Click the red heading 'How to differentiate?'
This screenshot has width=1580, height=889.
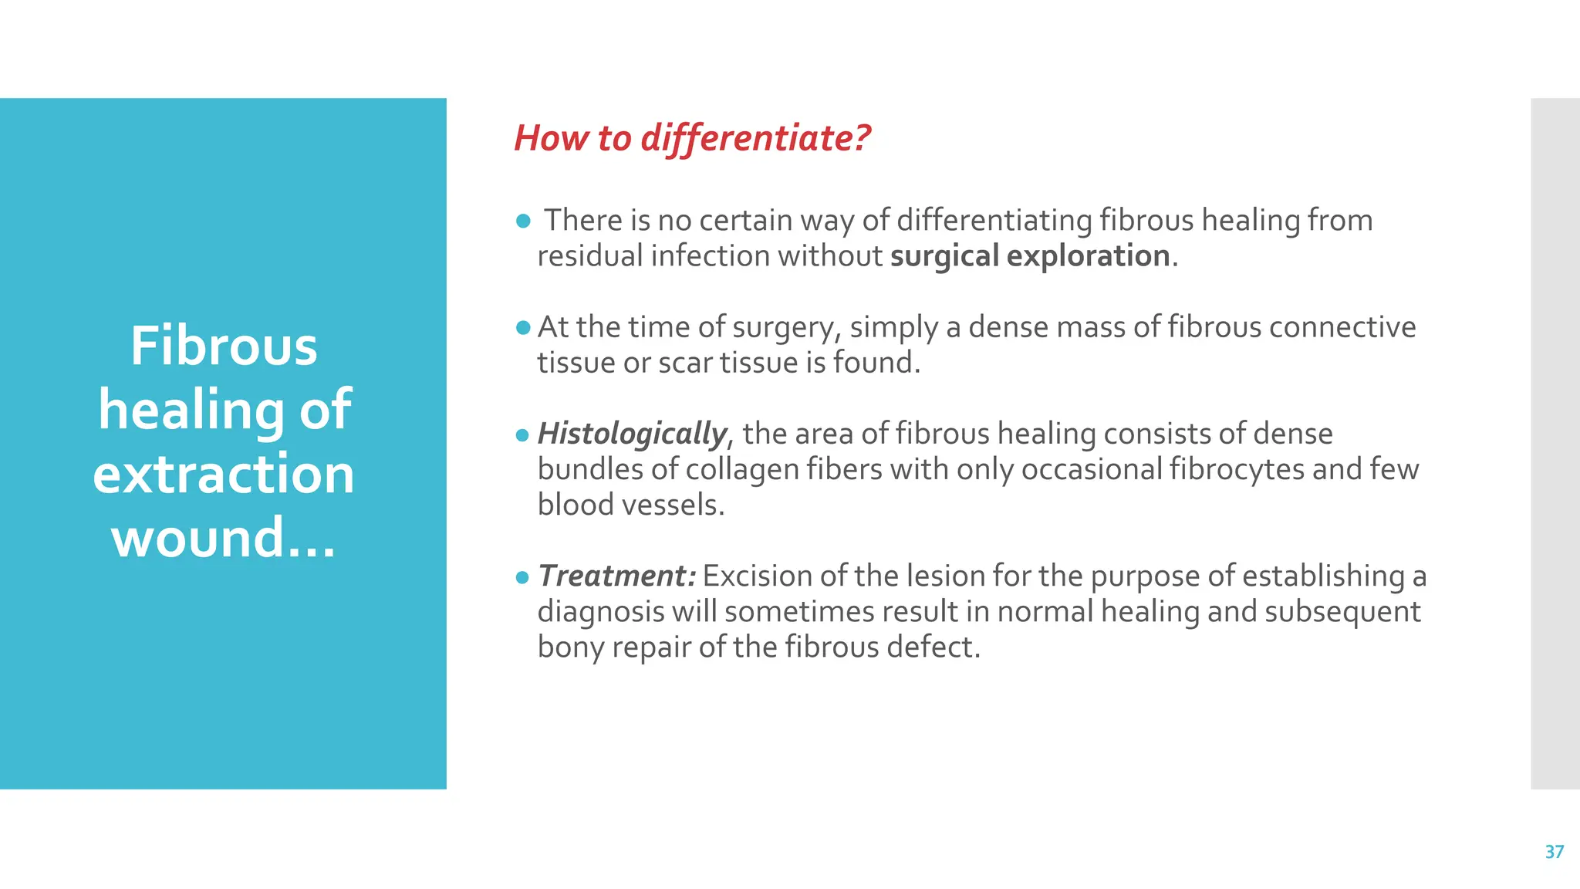coord(691,139)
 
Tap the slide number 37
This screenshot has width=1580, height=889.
coord(1554,852)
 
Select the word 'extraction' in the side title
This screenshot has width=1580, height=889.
coord(224,474)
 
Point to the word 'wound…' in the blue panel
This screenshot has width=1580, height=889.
coord(224,538)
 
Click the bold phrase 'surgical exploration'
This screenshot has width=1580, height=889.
coord(1030,256)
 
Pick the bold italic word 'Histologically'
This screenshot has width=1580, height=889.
coord(632,434)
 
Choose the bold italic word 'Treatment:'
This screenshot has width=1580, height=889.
coord(617,576)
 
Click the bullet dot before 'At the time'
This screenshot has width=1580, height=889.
coord(523,328)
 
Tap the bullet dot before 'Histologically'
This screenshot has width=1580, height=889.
coord(523,435)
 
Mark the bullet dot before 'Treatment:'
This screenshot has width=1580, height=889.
coord(523,577)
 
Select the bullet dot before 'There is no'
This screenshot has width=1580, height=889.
coord(523,221)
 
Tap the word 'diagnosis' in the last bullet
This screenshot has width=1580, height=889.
coord(600,612)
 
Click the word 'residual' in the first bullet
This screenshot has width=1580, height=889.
coord(589,256)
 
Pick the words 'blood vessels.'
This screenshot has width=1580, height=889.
coord(631,505)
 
